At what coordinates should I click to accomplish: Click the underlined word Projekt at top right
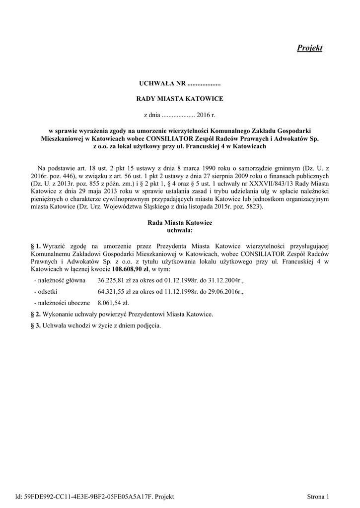coord(309,48)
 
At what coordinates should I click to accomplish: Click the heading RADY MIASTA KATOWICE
coord(180,99)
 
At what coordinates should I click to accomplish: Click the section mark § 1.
coord(35,246)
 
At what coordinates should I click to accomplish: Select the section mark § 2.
coord(35,315)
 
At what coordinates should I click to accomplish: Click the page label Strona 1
coord(318,496)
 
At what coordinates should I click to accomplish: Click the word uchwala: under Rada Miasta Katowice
coord(180,230)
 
